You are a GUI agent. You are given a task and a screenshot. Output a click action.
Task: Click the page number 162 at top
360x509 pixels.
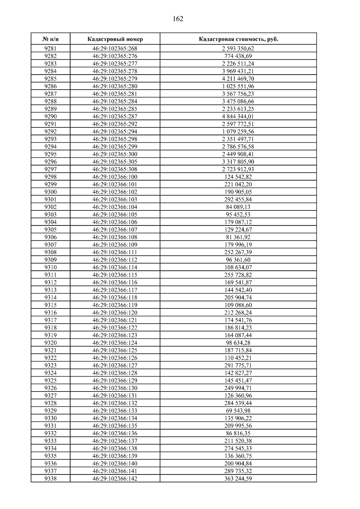(x=178, y=19)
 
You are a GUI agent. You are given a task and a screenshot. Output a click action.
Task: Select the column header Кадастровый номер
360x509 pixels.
(x=115, y=39)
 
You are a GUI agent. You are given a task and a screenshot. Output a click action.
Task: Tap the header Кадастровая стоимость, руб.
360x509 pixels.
(x=238, y=39)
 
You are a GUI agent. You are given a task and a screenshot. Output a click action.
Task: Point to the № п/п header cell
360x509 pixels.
(x=50, y=39)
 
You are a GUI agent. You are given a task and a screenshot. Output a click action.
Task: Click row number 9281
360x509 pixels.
(x=50, y=49)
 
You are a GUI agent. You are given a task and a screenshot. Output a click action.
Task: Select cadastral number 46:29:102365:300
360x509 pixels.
(x=115, y=154)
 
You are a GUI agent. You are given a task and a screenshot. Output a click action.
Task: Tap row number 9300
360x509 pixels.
(x=50, y=192)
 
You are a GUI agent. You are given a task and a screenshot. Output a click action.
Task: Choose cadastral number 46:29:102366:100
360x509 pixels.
(x=115, y=177)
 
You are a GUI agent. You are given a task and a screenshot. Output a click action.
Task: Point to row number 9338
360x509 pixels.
(x=50, y=478)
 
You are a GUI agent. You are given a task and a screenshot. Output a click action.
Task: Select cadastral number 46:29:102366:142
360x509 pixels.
(x=115, y=478)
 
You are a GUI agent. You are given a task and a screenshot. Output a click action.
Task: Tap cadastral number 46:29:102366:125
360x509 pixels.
(x=115, y=350)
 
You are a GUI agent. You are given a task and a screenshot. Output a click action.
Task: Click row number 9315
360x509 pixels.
(x=50, y=305)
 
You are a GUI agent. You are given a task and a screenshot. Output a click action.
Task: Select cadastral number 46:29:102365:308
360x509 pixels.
(x=115, y=169)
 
